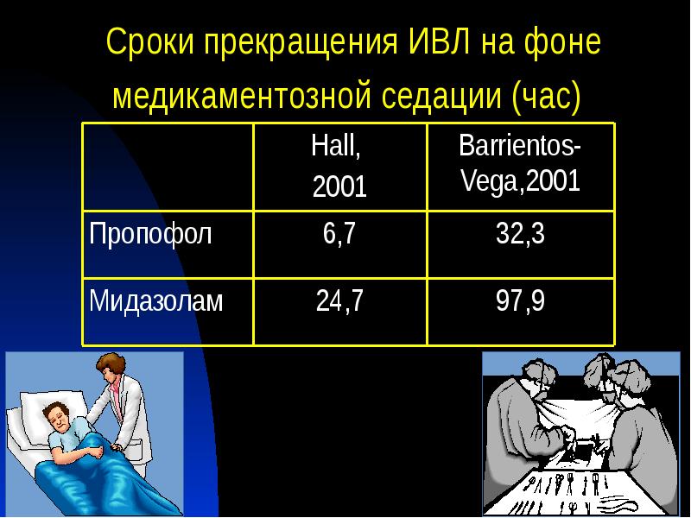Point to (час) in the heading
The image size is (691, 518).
[x=544, y=96]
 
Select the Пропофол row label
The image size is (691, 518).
[x=151, y=235]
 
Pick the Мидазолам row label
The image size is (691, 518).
[x=157, y=301]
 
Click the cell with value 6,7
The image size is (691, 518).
[x=339, y=235]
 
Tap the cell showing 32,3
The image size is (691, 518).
[x=520, y=235]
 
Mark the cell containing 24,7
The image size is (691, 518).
[x=339, y=301]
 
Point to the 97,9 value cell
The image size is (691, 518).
[x=520, y=301]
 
